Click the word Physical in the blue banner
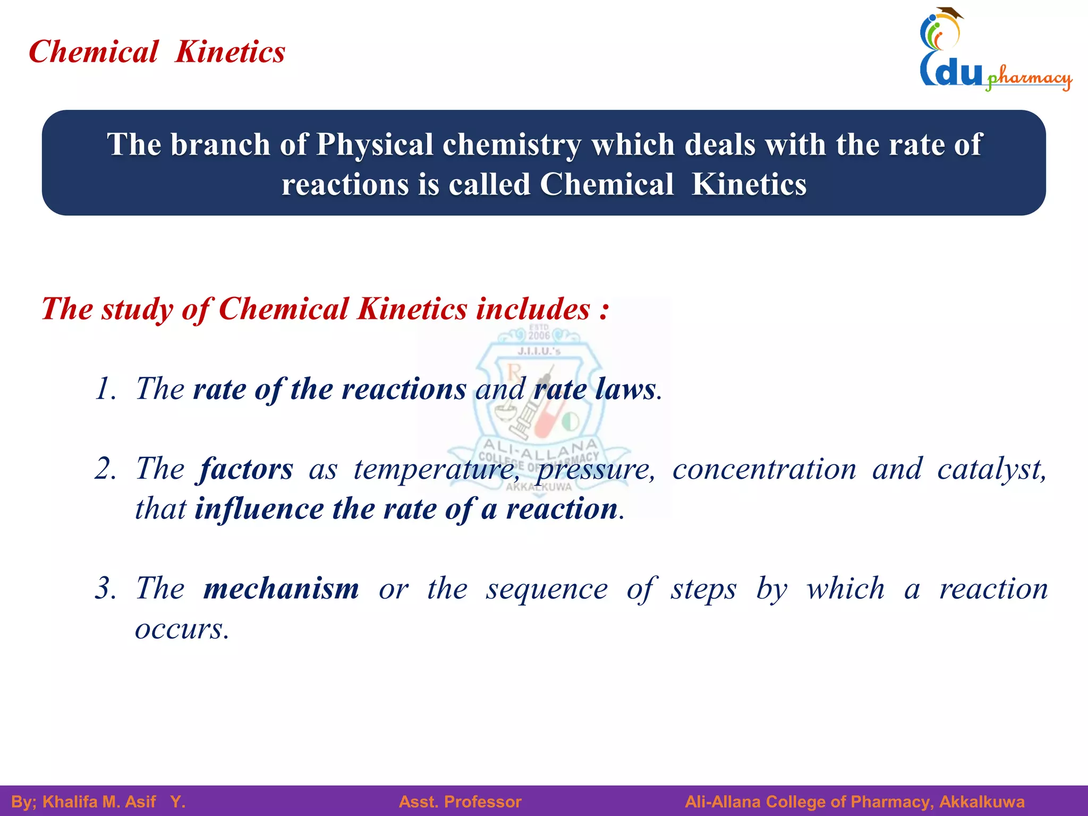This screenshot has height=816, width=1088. click(375, 144)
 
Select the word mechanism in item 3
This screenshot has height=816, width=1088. click(281, 589)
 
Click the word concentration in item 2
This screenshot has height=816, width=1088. click(764, 469)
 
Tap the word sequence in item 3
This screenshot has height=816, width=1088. click(547, 589)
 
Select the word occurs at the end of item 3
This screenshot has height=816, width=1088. click(181, 629)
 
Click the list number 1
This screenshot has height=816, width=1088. click(105, 389)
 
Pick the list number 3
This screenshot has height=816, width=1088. click(105, 589)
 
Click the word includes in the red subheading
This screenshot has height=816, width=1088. click(533, 309)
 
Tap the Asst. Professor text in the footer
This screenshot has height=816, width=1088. click(460, 802)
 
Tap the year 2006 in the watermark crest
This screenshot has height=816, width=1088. click(539, 335)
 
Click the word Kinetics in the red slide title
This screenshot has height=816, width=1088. click(230, 52)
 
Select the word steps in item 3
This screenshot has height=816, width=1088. click(703, 589)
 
